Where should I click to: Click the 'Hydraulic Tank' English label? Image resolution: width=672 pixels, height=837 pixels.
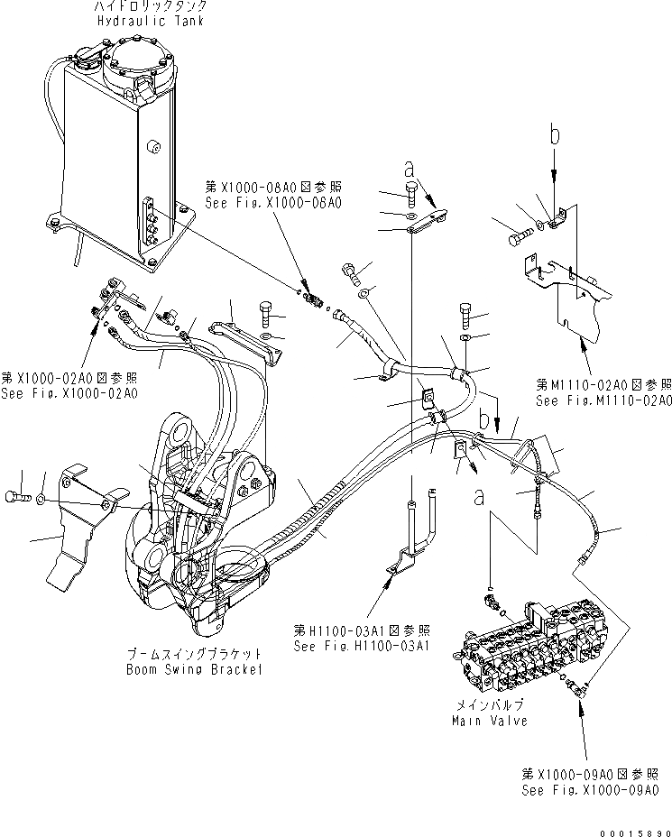tap(158, 22)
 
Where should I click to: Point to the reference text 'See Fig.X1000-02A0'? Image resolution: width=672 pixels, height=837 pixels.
tap(69, 393)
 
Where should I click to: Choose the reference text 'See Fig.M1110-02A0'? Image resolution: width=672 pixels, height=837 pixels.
tap(603, 400)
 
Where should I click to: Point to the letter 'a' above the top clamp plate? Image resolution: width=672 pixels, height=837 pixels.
tap(410, 169)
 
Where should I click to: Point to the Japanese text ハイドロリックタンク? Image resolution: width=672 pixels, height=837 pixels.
tap(157, 7)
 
